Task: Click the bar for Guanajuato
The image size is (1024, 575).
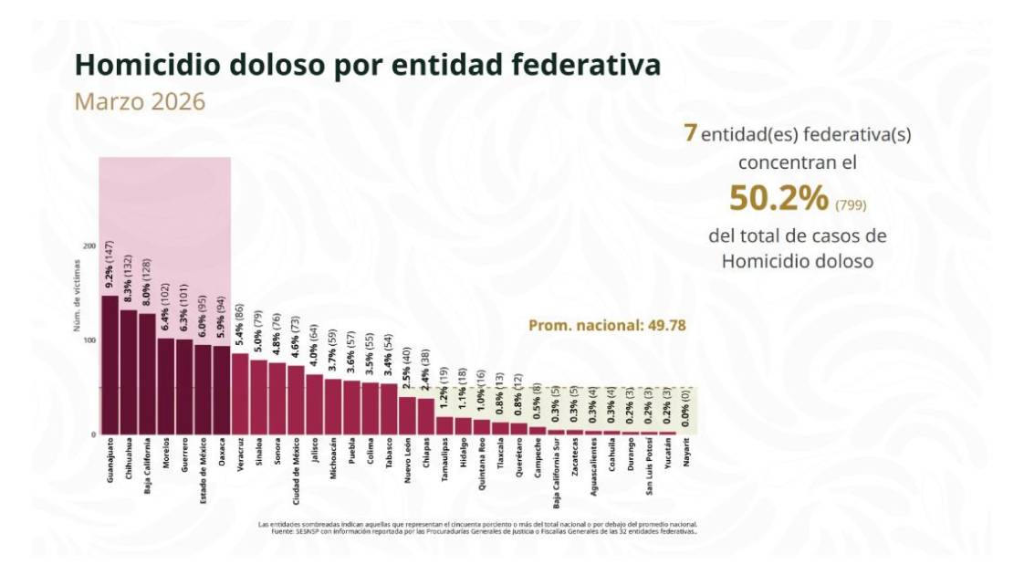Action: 110,365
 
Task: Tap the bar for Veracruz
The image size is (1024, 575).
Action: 240,393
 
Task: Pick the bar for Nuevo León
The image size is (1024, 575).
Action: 407,415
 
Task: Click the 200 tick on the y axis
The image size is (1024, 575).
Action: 89,246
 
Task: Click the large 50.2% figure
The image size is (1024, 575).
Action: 778,196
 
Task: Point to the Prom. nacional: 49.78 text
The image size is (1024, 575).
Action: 607,325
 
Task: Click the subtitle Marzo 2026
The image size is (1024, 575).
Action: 140,101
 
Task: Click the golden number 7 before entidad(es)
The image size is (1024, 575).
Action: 691,133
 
